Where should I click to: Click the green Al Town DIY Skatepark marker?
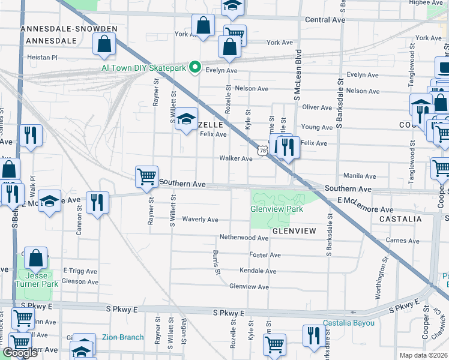pos(194,68)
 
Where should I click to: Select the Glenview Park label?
pos(277,209)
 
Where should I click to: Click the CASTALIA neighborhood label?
pos(400,220)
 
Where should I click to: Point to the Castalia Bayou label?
pos(349,323)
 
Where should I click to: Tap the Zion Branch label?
pos(122,337)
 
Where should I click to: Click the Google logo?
pos(20,353)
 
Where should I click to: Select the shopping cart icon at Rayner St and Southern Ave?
pos(146,177)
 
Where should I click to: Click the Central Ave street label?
pos(325,20)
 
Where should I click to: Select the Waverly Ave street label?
pos(200,220)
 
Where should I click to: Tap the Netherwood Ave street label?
pos(244,238)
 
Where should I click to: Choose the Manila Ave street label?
pos(360,176)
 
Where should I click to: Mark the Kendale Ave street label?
pos(258,271)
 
